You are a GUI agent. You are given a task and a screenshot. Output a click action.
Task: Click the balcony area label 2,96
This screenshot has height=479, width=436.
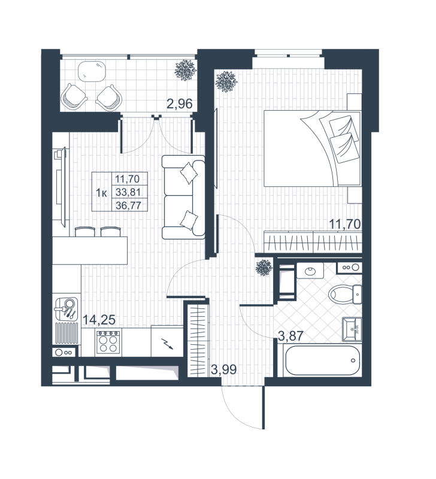click(179, 103)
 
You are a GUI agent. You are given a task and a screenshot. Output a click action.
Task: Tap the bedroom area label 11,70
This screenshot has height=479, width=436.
click(344, 225)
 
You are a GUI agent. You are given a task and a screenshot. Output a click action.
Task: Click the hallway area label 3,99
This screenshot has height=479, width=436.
click(223, 369)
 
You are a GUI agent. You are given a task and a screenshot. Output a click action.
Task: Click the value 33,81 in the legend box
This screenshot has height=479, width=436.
click(130, 192)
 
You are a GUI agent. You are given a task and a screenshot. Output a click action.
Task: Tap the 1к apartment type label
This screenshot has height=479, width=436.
click(102, 192)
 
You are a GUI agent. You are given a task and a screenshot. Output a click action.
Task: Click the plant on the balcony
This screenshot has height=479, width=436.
click(184, 70)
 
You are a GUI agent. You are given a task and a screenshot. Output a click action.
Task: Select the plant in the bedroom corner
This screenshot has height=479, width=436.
click(226, 81)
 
